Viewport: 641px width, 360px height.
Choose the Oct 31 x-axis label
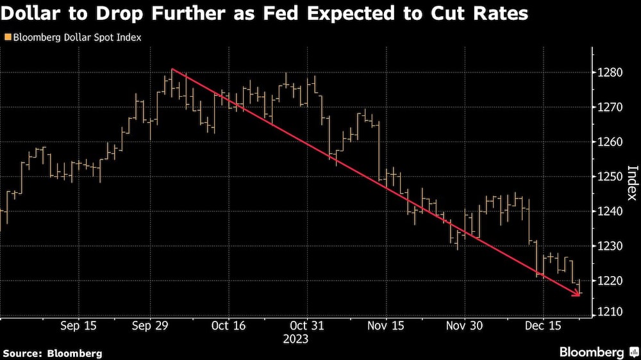click(x=307, y=325)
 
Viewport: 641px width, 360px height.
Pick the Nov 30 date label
click(x=464, y=325)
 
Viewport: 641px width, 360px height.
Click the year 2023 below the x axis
click(x=296, y=339)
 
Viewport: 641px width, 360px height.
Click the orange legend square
click(x=7, y=38)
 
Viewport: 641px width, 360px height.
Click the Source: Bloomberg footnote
click(x=53, y=353)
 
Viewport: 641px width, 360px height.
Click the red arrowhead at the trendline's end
click(x=578, y=294)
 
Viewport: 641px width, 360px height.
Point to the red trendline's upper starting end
click(x=173, y=69)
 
